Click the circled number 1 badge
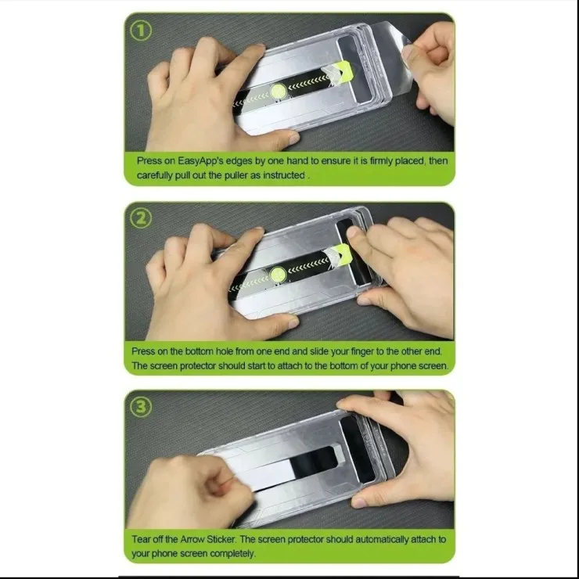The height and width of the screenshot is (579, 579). coord(141,31)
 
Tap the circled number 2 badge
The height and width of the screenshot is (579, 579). coord(141,218)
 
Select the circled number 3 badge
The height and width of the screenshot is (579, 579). coord(141,407)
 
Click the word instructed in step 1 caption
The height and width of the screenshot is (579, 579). coord(283,175)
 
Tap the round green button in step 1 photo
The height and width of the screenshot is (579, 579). coord(279,92)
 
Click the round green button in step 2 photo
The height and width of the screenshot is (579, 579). coord(278,275)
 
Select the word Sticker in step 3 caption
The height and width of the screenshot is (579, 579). coord(221,540)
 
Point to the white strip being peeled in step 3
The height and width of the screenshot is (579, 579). coord(273,472)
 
